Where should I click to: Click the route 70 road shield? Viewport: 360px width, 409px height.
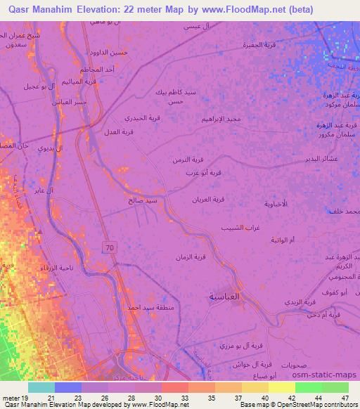pyautogui.click(x=109, y=247)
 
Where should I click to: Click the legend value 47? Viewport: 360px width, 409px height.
pyautogui.click(x=334, y=398)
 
